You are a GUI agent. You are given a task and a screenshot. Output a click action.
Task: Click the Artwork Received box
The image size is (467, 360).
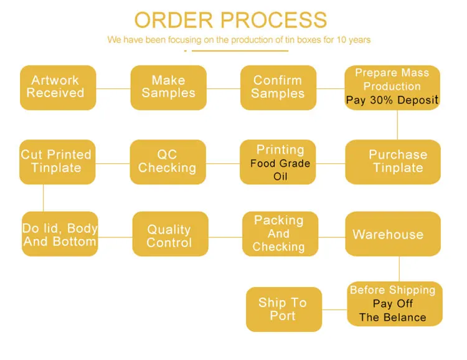pyautogui.click(x=57, y=87)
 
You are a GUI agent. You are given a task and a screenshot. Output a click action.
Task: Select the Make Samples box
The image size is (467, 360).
pyautogui.click(x=168, y=87)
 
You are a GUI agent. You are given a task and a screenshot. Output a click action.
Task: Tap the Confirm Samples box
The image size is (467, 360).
pyautogui.click(x=278, y=87)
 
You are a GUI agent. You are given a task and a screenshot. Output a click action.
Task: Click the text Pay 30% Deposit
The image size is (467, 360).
pyautogui.click(x=392, y=100)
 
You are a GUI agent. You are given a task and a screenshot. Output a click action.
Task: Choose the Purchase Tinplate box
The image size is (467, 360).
pyautogui.click(x=398, y=161)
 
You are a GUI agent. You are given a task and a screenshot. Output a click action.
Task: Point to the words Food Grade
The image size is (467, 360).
pyautogui.click(x=280, y=164)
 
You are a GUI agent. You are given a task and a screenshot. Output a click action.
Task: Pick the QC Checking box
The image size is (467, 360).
pyautogui.click(x=167, y=161)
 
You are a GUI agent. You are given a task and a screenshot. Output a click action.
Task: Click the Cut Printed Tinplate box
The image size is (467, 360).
pyautogui.click(x=57, y=161)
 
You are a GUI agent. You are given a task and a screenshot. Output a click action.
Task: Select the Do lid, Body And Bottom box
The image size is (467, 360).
pyautogui.click(x=59, y=235)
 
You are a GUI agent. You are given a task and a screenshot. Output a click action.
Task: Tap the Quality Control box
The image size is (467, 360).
pyautogui.click(x=169, y=236)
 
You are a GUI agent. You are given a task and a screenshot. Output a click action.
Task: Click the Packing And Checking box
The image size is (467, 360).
pyautogui.click(x=279, y=234)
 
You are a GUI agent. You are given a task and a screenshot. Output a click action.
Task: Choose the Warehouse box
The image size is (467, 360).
pyautogui.click(x=392, y=234)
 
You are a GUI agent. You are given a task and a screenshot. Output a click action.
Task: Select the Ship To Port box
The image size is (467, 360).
pyautogui.click(x=283, y=309)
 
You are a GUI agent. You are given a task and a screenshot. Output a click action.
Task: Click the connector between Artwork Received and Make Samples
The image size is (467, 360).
pyautogui.click(x=113, y=88)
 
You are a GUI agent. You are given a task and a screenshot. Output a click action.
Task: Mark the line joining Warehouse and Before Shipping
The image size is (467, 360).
pyautogui.click(x=399, y=269)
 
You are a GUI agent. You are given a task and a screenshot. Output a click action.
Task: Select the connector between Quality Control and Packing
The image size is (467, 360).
pyautogui.click(x=224, y=237)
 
